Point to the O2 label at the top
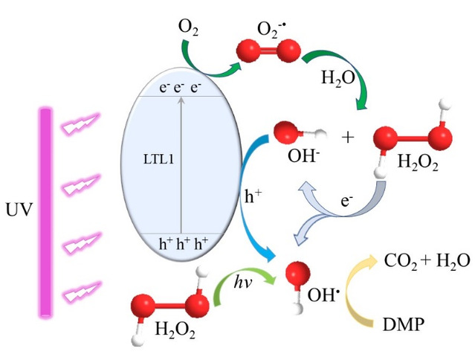[x=189, y=28]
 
